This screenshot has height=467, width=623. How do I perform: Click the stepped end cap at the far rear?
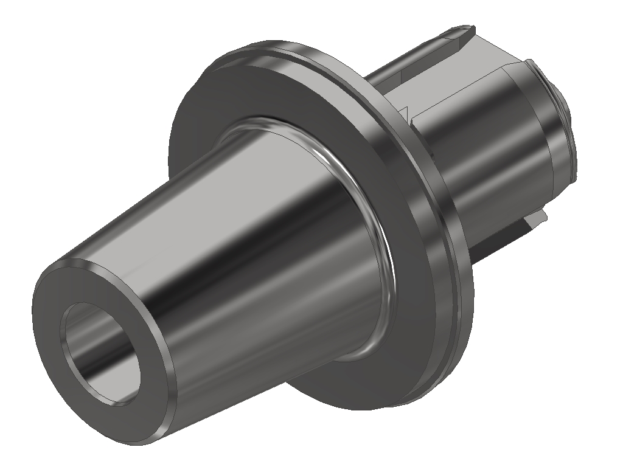[x=563, y=122]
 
